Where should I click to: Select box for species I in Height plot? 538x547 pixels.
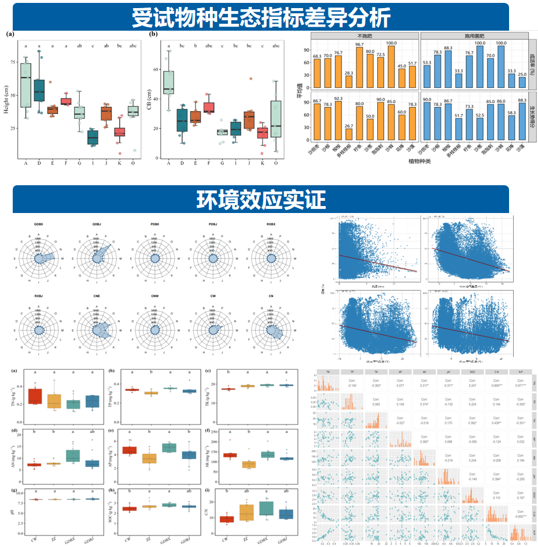click(x=92, y=137)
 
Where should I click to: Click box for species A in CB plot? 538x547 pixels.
click(x=168, y=82)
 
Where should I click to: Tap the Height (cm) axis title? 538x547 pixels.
click(x=8, y=95)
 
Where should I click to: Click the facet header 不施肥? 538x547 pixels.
click(x=365, y=36)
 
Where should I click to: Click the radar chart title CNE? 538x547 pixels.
click(x=96, y=296)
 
